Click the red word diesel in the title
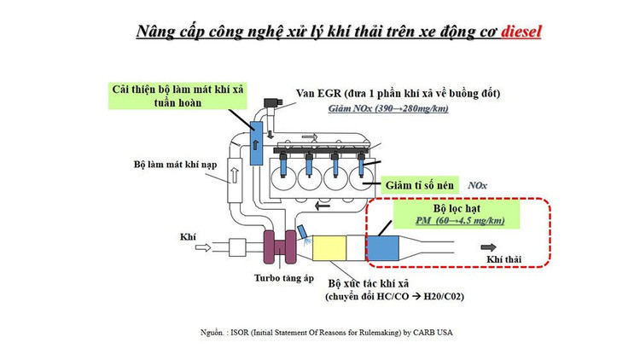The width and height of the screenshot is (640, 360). point(520,32)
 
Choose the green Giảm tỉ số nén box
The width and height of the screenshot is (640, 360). point(420,183)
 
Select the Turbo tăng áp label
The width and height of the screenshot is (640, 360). point(283,278)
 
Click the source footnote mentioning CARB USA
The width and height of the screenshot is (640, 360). point(319,328)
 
